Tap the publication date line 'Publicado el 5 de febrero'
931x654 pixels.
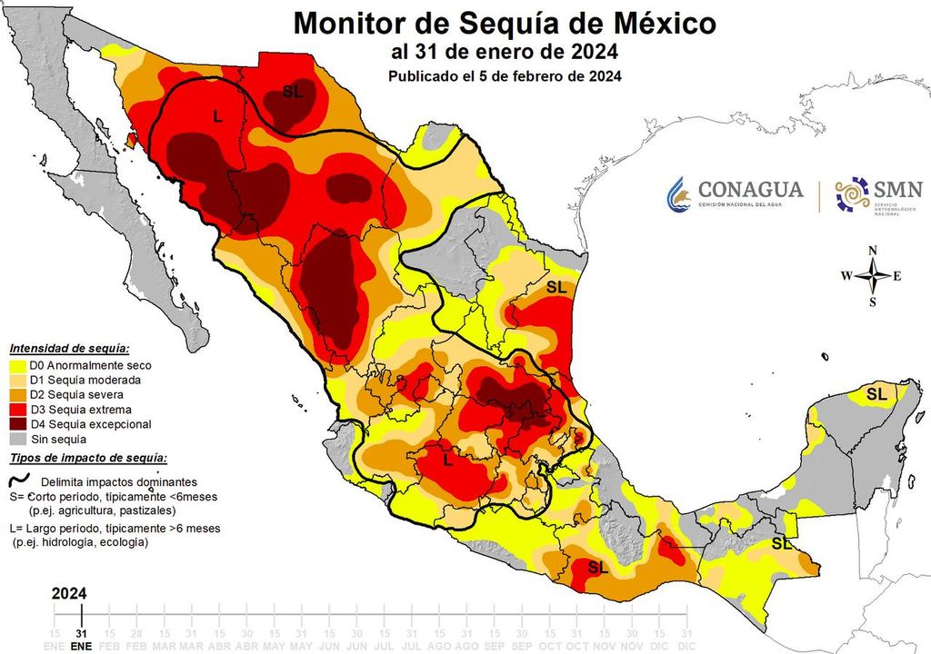coord(505,76)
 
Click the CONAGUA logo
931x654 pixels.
coord(736,193)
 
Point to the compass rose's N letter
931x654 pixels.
coord(873,251)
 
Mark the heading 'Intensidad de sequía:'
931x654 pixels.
coord(69,348)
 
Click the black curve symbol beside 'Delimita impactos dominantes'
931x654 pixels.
coord(19,481)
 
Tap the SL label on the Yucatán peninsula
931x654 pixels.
coord(876,393)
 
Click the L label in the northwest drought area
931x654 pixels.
coord(217,116)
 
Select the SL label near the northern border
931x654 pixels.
coord(293,91)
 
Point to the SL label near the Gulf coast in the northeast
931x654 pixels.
coord(556,286)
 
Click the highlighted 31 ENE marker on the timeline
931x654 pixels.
coord(82,638)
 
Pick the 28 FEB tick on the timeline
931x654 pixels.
coord(135,638)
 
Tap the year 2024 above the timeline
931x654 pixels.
coord(69,593)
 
